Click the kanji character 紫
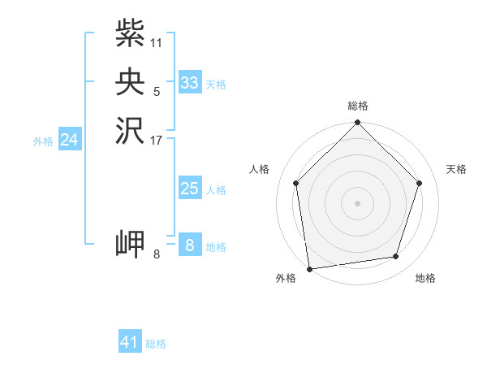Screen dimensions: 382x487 click(x=130, y=33)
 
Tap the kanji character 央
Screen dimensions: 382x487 click(x=130, y=82)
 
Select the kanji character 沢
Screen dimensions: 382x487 click(x=130, y=131)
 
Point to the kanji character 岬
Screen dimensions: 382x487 click(x=130, y=245)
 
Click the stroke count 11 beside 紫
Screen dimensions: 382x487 click(x=157, y=41)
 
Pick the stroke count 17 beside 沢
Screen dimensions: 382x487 click(x=157, y=140)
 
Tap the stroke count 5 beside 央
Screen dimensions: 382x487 click(x=157, y=91)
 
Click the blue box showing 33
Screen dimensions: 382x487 click(x=190, y=83)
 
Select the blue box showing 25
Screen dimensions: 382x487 click(x=190, y=189)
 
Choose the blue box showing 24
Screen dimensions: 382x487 click(x=70, y=140)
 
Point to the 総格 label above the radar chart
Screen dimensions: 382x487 click(x=358, y=106)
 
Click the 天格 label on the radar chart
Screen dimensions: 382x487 click(x=456, y=169)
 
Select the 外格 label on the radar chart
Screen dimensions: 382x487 click(x=286, y=278)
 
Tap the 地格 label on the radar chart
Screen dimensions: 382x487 click(x=425, y=278)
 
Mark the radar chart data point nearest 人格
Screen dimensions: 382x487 click(x=296, y=183)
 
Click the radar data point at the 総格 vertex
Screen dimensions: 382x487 click(x=358, y=124)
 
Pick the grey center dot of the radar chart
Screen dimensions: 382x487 click(x=358, y=202)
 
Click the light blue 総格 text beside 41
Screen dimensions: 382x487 click(x=156, y=344)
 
